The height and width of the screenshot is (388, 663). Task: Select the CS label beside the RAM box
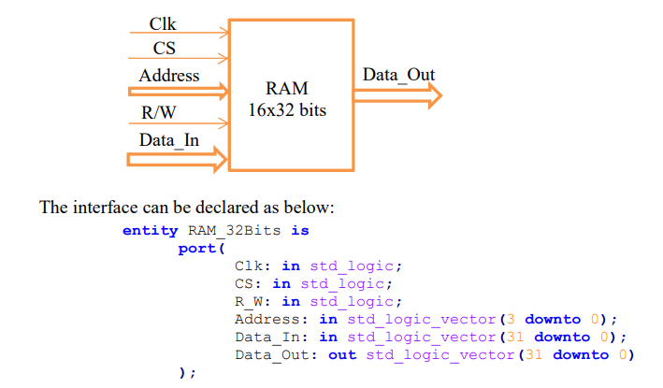tap(164, 48)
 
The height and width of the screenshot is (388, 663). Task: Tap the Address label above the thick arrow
tap(168, 75)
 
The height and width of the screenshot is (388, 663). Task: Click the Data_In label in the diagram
tap(168, 140)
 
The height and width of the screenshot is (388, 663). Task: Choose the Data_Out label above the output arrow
tap(397, 75)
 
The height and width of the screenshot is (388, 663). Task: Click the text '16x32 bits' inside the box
tap(287, 109)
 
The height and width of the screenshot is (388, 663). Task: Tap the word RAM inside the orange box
tap(286, 90)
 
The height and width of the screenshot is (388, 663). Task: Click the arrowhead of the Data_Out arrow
tap(433, 93)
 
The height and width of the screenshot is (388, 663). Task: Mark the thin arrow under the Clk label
tap(178, 32)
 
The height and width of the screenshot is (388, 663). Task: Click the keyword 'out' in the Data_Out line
tap(342, 354)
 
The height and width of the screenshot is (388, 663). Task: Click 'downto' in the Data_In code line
tap(562, 337)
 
